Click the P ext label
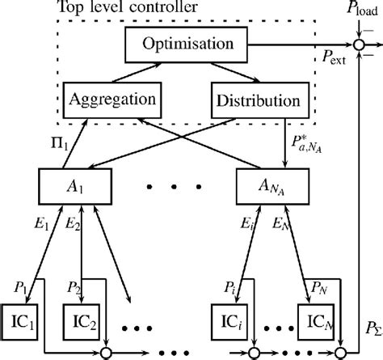[x=330, y=61]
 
